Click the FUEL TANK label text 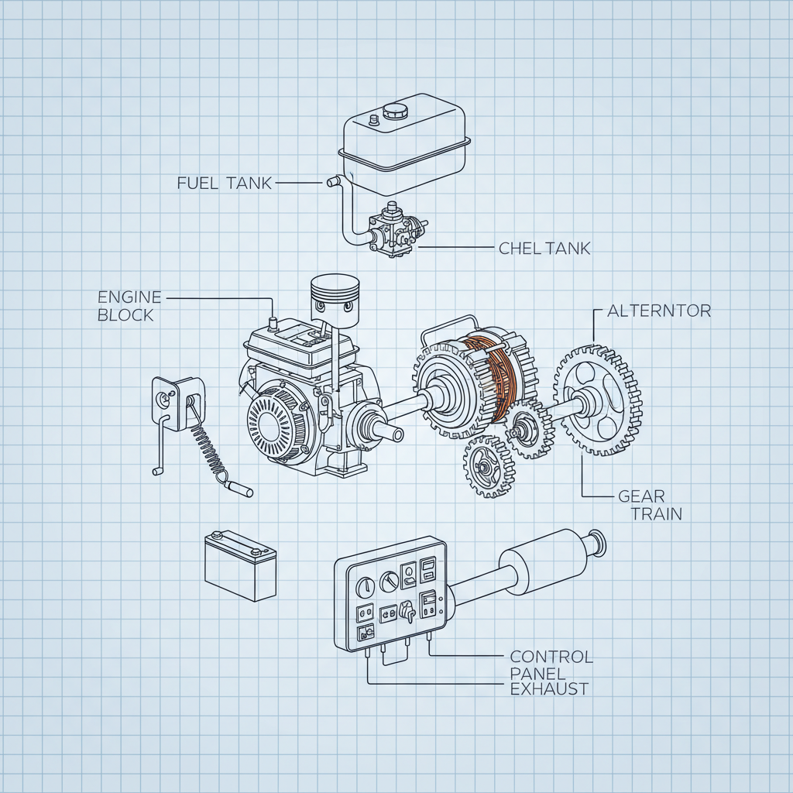(225, 184)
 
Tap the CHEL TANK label (544, 249)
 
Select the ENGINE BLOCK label (129, 306)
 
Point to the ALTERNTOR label (658, 311)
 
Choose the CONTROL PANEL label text (551, 664)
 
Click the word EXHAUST (549, 688)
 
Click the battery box (240, 565)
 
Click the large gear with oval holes (597, 400)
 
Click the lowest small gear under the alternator (489, 466)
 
